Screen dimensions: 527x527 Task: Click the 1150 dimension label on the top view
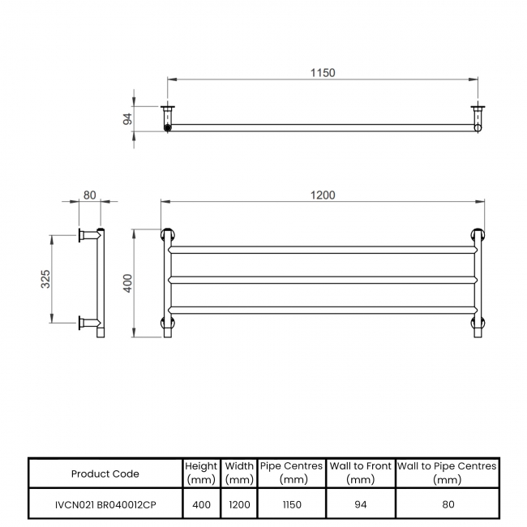(322, 73)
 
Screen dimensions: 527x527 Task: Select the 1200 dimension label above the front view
(323, 195)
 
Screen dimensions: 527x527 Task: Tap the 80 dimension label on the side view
(89, 195)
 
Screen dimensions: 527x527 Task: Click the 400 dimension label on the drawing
(127, 283)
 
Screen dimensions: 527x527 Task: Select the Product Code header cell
(105, 473)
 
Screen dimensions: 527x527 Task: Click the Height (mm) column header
(201, 473)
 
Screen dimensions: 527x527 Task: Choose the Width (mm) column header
(239, 473)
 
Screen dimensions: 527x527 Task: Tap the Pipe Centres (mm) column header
(292, 473)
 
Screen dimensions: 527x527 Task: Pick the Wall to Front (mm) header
(360, 473)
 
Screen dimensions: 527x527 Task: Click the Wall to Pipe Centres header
(447, 473)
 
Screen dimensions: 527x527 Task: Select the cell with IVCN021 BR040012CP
(105, 504)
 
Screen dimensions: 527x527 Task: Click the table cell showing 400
(201, 504)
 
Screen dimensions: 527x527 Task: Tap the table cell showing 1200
(239, 504)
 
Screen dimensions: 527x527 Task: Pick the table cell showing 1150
(292, 504)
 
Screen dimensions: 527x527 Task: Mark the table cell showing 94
(360, 504)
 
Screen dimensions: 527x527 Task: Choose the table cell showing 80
(447, 504)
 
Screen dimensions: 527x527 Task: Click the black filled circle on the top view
(168, 127)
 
